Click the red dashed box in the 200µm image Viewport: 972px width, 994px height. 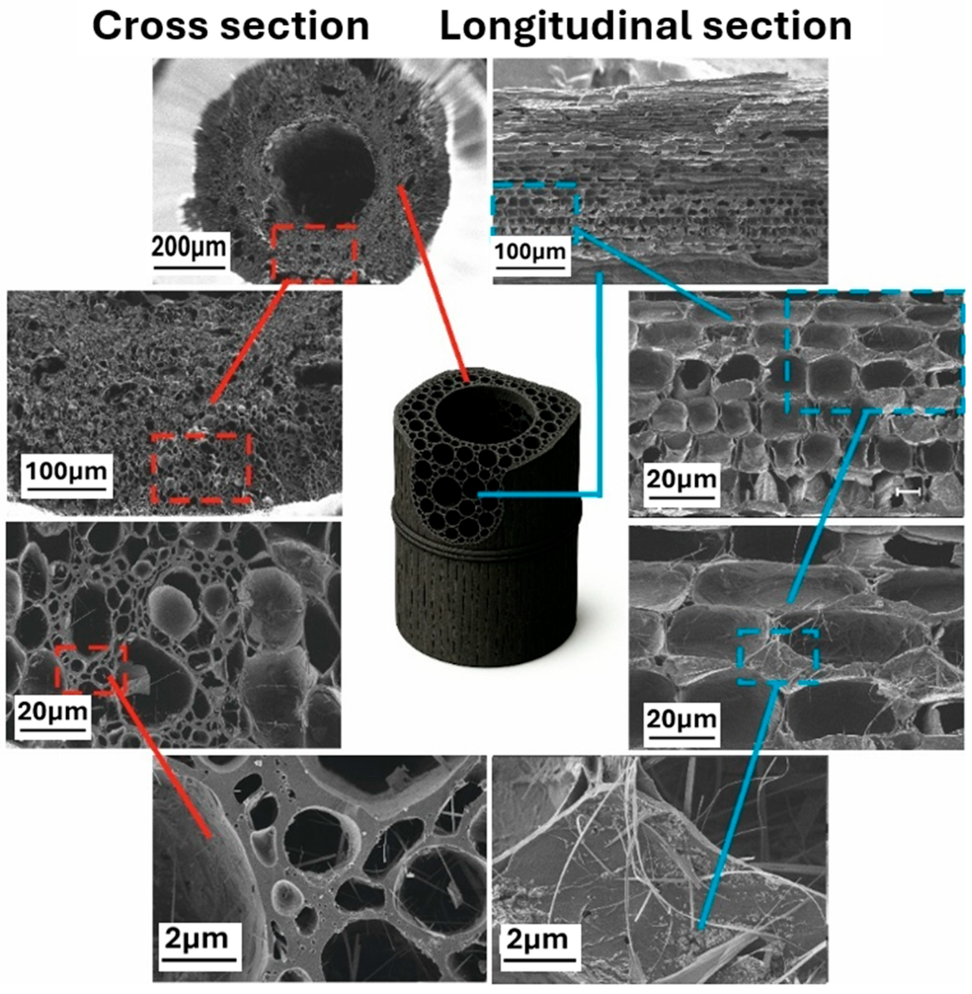314,253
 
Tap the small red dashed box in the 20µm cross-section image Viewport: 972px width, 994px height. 91,669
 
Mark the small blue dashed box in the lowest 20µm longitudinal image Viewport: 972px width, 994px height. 777,656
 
